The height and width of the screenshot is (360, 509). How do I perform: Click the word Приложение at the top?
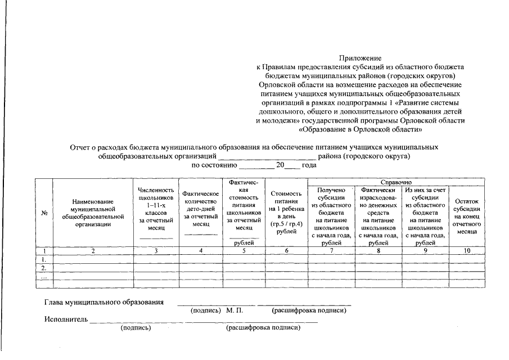pyautogui.click(x=361, y=58)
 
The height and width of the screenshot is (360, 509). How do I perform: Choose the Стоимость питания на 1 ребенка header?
pyautogui.click(x=286, y=213)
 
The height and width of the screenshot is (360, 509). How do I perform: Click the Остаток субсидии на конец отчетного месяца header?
pyautogui.click(x=466, y=217)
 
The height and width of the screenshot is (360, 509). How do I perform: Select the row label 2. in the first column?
pyautogui.click(x=44, y=268)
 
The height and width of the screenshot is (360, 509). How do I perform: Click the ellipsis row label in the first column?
pyautogui.click(x=44, y=276)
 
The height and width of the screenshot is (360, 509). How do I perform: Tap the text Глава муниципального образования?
pyautogui.click(x=104, y=302)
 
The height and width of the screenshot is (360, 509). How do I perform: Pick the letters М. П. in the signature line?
pyautogui.click(x=234, y=310)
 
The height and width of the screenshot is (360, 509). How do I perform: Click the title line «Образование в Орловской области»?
pyautogui.click(x=361, y=129)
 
